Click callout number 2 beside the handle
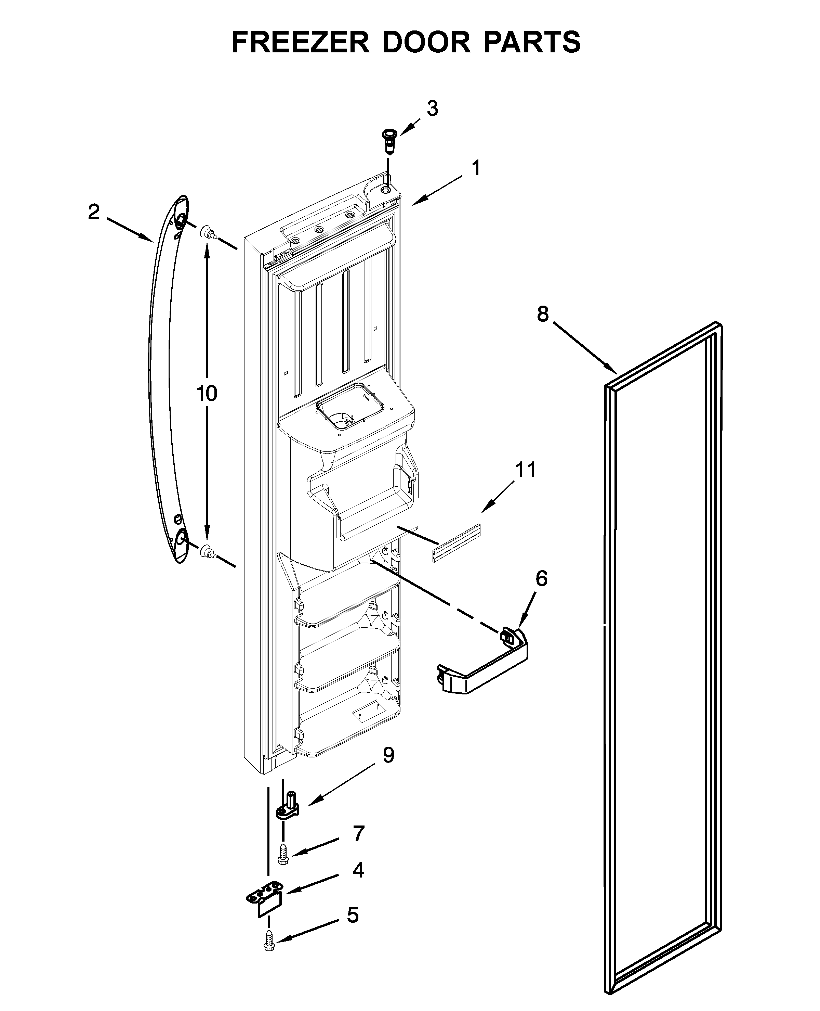click(94, 212)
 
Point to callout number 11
click(526, 470)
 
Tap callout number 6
click(541, 578)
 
